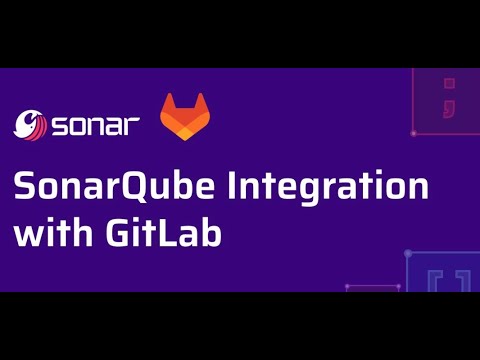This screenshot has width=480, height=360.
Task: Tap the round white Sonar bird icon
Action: (32, 124)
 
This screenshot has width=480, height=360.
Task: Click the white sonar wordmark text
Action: (95, 125)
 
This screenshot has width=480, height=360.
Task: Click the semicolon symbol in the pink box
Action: (436, 99)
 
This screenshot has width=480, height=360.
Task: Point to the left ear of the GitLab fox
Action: (170, 101)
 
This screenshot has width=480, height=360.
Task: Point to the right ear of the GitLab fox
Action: (204, 101)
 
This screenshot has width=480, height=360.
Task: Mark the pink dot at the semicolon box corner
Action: (413, 133)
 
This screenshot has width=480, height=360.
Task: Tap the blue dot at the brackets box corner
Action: (407, 253)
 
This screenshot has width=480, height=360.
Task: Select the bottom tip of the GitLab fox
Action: (187, 138)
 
